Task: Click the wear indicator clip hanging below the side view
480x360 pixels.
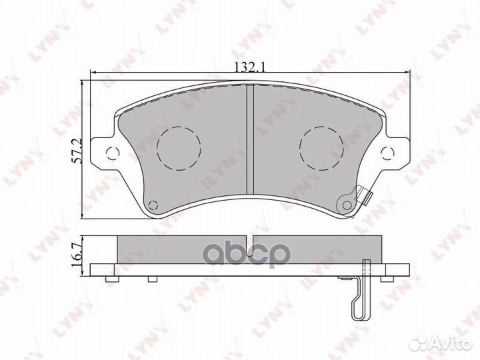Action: (359, 293)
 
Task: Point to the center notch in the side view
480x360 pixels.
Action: (251, 239)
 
